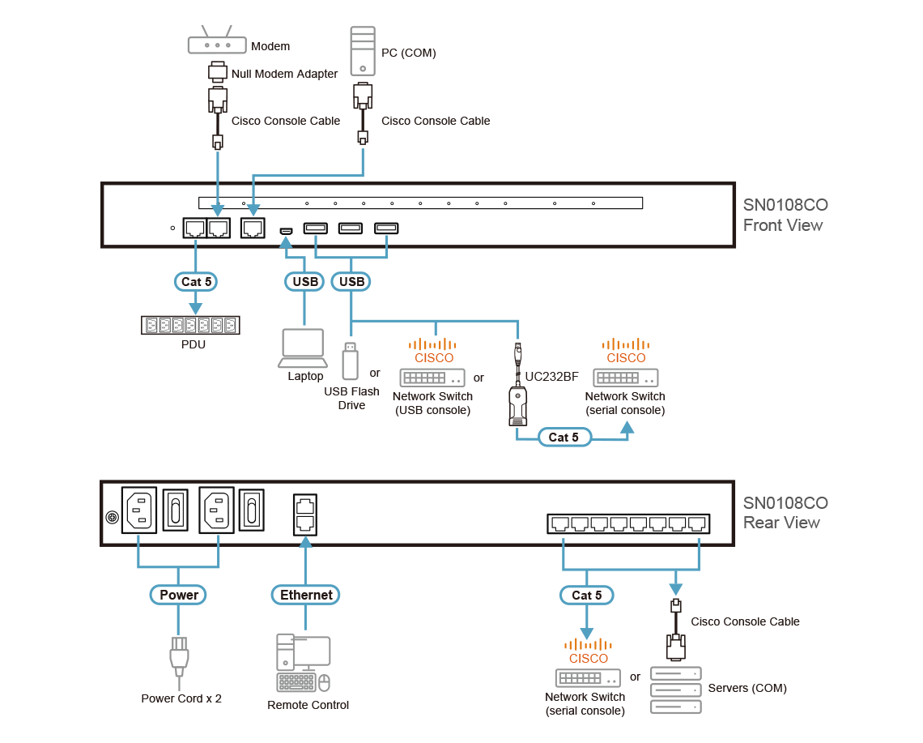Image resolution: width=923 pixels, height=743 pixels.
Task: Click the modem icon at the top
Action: (215, 44)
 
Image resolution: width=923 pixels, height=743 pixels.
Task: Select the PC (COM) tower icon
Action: (363, 51)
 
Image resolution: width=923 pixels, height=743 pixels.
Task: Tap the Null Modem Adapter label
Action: (284, 74)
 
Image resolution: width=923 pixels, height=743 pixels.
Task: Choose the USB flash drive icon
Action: (350, 361)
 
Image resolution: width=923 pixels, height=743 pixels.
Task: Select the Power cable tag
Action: (179, 595)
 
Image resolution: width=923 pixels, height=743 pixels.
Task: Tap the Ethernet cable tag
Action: (306, 595)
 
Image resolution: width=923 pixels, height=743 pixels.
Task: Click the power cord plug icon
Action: (179, 655)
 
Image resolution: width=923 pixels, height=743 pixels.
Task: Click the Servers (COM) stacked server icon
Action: (676, 690)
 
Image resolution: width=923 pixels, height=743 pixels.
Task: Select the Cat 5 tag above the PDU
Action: (196, 281)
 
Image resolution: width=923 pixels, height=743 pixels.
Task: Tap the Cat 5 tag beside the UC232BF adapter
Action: (564, 438)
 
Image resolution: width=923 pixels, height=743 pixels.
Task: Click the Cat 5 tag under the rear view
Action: (587, 595)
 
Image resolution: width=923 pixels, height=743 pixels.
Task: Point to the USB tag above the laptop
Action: (304, 281)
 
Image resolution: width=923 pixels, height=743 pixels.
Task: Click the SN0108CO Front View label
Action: (785, 216)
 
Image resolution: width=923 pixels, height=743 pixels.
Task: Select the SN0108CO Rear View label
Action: (785, 513)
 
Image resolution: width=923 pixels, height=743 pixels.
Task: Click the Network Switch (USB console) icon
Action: (432, 378)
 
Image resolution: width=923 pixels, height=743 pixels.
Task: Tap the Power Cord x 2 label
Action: (181, 698)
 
